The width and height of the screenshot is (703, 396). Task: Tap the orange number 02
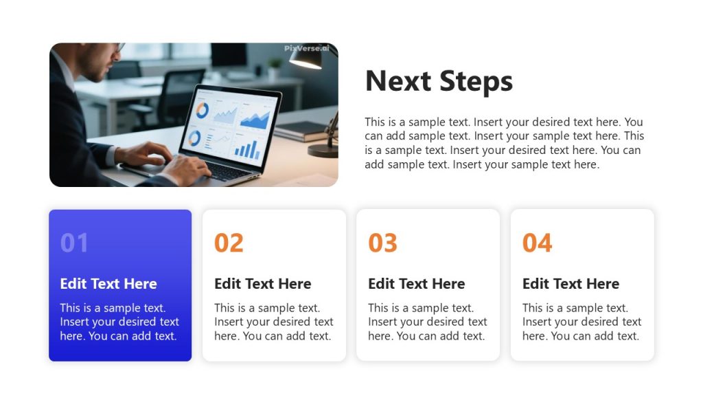coord(229,243)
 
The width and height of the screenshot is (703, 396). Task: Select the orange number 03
coord(382,243)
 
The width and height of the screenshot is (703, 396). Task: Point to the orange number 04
coord(537,243)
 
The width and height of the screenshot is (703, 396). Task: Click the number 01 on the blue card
coord(74,243)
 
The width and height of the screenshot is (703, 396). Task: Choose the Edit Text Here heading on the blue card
coord(108,284)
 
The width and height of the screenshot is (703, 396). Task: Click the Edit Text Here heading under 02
coord(262,284)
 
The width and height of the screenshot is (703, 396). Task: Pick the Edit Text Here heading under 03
coord(416,284)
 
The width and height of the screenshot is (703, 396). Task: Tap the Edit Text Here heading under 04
coord(571,284)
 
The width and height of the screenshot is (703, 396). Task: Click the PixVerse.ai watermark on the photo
coord(307,48)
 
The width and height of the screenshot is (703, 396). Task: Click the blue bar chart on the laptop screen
coord(245,147)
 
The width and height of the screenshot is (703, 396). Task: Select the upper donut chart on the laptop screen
coord(203,110)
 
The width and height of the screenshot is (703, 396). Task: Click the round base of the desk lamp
coord(322,150)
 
